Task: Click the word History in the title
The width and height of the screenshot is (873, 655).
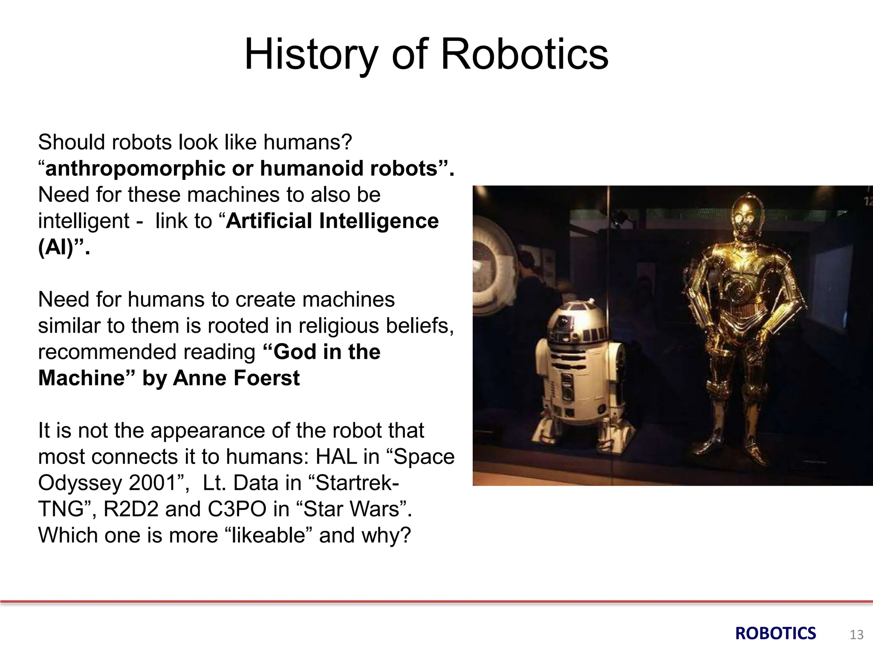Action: tap(311, 55)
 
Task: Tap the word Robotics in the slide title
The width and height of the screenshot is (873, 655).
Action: tap(524, 55)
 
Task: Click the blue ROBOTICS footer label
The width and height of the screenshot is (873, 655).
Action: tap(775, 634)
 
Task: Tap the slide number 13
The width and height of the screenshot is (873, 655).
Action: tap(856, 635)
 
